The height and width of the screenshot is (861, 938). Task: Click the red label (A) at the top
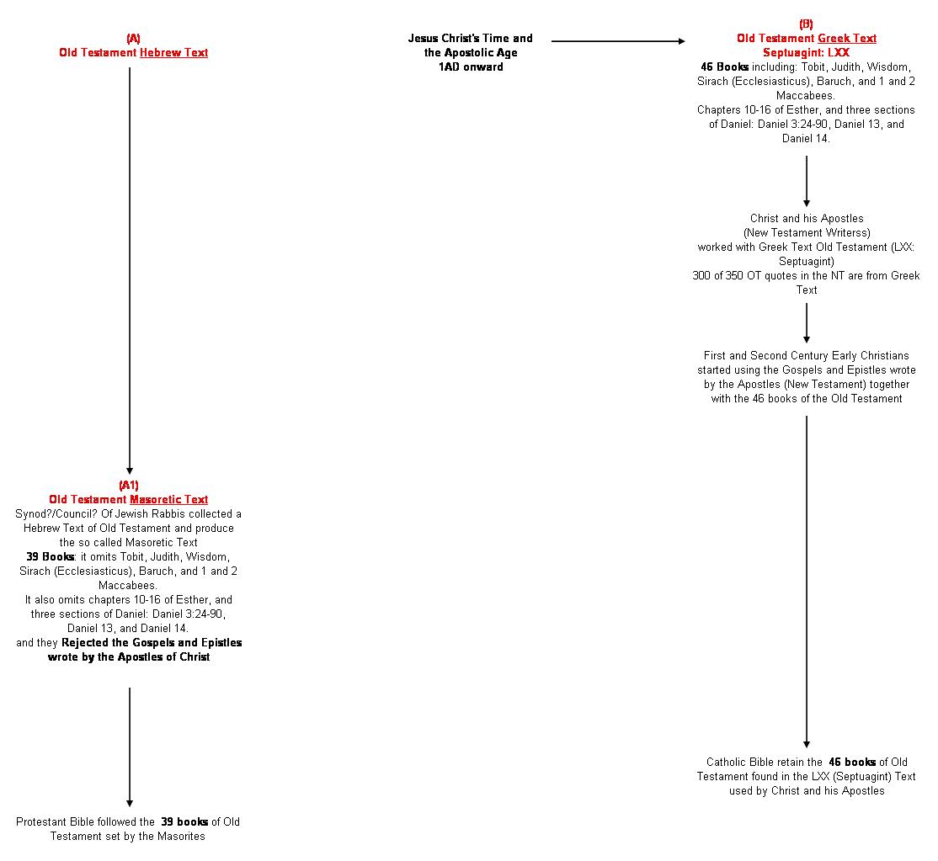click(133, 38)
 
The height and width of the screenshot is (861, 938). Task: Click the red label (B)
click(806, 24)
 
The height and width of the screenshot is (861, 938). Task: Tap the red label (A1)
click(129, 485)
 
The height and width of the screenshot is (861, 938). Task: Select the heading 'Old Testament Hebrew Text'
click(133, 52)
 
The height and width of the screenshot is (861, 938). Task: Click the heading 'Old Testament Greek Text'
click(806, 38)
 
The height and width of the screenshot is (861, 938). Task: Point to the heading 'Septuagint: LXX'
click(806, 52)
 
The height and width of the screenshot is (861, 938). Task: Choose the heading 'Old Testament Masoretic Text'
click(129, 499)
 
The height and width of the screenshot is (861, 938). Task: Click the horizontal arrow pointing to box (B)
click(618, 40)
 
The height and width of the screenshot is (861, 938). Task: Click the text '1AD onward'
click(470, 66)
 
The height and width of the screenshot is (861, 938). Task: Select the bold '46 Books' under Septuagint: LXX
click(724, 66)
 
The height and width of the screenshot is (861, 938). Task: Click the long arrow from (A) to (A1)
click(130, 269)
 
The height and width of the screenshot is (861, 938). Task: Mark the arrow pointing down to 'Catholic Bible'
click(807, 581)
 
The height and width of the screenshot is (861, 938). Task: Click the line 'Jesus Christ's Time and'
click(470, 38)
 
